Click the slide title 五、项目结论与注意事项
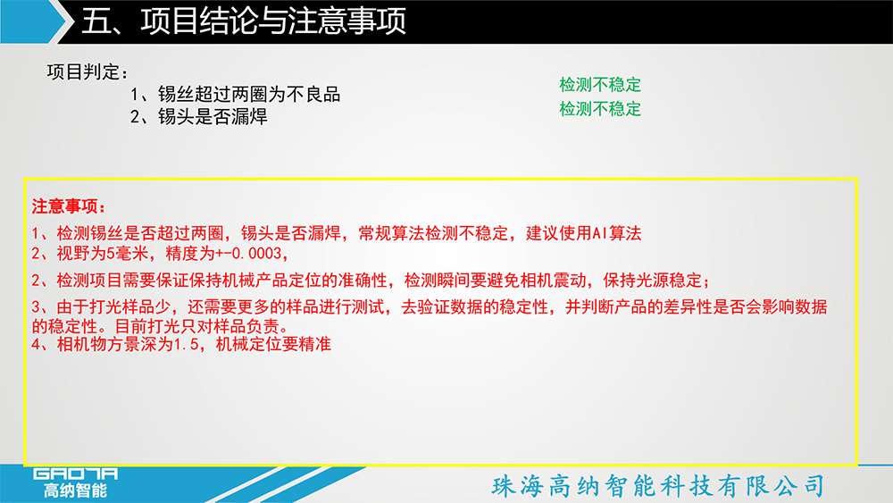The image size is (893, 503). pos(244,21)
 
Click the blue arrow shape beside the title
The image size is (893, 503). pos(33,21)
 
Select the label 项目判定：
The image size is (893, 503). pos(88,72)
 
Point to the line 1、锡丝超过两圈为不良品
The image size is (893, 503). pos(235,94)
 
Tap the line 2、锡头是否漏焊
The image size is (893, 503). pos(199,117)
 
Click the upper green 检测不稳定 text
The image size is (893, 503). pos(600,85)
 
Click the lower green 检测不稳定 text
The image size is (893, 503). pos(600,109)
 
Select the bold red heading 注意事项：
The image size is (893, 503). pos(69,206)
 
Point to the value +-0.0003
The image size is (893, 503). pos(249,254)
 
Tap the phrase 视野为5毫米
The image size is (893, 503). pos(103,254)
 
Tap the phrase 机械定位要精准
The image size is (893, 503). pos(273,344)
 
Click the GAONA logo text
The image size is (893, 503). pos(75,474)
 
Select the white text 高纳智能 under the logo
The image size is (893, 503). pos(76,490)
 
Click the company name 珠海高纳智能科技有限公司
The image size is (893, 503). pos(658,486)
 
